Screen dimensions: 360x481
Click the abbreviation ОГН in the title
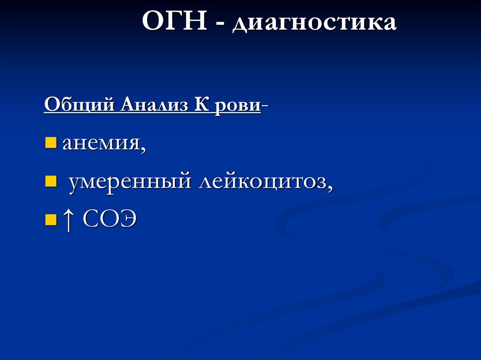click(x=174, y=23)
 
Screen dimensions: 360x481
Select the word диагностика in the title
click(x=313, y=24)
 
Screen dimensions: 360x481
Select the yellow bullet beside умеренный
click(x=50, y=180)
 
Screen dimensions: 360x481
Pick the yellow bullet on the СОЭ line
click(x=50, y=219)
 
